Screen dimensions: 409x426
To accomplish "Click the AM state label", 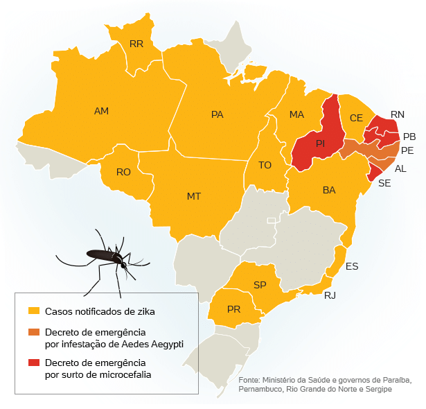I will tap(101, 111).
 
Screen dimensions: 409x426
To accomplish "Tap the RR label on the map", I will tap(136, 44).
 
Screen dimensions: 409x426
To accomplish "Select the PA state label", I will tap(217, 114).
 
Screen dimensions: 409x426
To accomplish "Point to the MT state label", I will tap(194, 196).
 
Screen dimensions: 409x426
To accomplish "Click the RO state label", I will tap(123, 172).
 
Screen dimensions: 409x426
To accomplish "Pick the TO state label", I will tap(265, 165).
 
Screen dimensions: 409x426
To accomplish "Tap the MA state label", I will tap(296, 114).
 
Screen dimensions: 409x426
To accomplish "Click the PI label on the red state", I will tap(320, 143).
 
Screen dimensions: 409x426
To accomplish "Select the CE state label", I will tap(356, 118).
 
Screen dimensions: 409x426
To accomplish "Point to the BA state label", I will tap(329, 189).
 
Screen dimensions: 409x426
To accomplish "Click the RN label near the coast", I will tap(398, 114).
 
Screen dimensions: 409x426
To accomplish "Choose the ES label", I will tap(352, 266).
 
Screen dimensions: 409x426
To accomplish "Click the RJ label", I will tap(330, 295).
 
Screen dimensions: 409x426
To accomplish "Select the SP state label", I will tap(260, 285).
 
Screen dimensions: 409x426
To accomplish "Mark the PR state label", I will tap(233, 309).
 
